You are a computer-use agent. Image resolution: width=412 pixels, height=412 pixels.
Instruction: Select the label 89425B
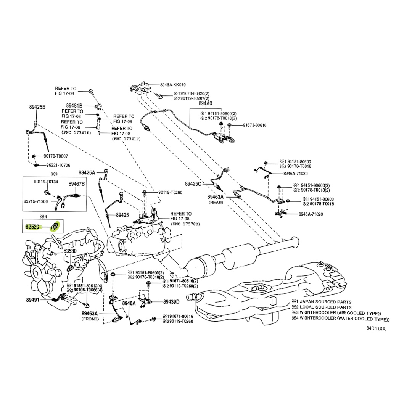click(37, 107)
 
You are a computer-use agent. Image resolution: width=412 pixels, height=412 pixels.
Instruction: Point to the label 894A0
click(205, 103)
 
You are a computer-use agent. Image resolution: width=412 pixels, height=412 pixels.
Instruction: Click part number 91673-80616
click(254, 125)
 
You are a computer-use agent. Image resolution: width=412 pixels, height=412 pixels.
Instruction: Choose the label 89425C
click(193, 183)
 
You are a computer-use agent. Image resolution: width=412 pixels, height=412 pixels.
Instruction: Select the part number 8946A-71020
click(311, 214)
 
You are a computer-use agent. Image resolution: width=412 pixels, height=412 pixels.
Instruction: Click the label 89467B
click(77, 184)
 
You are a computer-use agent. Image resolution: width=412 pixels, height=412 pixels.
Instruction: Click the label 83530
click(70, 251)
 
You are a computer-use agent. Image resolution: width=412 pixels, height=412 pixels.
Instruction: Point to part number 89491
click(33, 300)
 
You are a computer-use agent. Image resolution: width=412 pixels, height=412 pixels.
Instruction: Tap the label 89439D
click(171, 301)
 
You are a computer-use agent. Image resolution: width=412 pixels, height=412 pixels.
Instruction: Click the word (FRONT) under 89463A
click(90, 318)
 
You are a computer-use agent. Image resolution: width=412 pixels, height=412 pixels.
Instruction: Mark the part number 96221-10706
click(58, 165)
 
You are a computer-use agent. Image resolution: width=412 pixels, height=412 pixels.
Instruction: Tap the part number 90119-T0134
click(46, 182)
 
